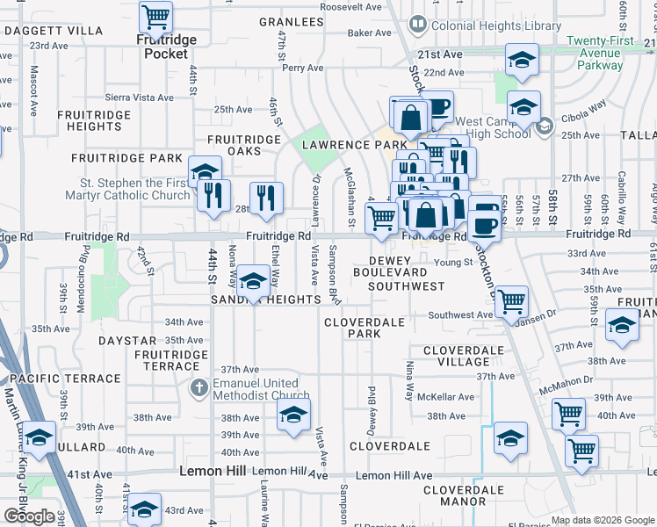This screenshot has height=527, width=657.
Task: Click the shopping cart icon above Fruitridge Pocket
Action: pos(155,17)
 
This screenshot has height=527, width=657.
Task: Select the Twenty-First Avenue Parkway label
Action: pos(607,53)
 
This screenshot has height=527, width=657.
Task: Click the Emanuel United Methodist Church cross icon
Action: pos(199,387)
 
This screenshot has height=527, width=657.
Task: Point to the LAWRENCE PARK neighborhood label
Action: pos(354,145)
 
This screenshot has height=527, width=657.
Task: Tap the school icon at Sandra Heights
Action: pos(253,282)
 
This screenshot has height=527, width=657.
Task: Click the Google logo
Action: pos(29,516)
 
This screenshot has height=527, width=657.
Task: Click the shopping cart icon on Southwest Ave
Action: pos(511,301)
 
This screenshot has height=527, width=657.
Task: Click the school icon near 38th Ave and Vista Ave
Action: pos(293,415)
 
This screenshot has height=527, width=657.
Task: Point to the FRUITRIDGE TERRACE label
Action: pos(172,360)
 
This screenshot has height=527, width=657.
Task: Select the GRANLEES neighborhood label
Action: pos(292,22)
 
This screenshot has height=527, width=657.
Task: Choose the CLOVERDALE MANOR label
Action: pos(463,496)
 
